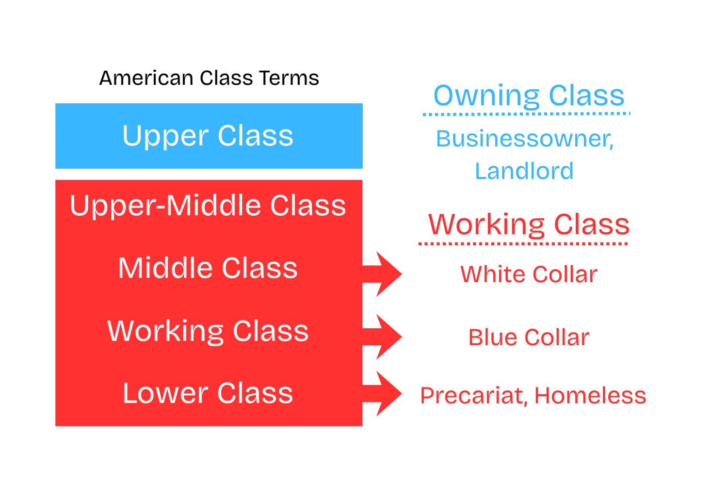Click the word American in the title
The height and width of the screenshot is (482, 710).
pos(146,78)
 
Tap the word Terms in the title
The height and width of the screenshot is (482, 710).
pos(289,78)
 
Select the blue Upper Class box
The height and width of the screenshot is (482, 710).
pos(209,136)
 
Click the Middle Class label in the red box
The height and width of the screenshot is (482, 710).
pos(208,268)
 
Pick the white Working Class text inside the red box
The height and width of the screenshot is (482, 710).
pos(208,332)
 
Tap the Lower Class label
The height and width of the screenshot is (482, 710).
pos(208,393)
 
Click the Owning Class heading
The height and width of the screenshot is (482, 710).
pos(529,96)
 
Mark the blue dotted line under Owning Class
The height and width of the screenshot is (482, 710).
pos(526,114)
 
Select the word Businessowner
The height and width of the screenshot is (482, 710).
pos(525,139)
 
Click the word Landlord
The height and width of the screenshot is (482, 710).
pos(524,171)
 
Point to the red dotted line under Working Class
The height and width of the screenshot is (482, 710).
pos(523,244)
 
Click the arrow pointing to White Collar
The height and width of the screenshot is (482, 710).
pos(382,274)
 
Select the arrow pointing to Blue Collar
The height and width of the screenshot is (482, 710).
pos(382,337)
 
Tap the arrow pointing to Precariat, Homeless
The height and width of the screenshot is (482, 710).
pos(382,394)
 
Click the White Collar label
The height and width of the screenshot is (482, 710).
pos(529,274)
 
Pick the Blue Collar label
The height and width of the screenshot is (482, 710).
pos(529,337)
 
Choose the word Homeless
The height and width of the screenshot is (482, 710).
pos(591,395)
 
